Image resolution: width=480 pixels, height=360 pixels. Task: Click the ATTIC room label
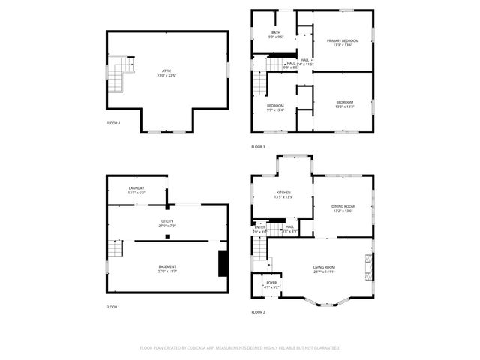coord(166,70)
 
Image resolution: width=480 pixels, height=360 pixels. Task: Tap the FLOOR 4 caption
coord(112,122)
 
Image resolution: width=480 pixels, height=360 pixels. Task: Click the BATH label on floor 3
coord(276,33)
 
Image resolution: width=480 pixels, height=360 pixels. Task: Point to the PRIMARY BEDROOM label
coord(343,40)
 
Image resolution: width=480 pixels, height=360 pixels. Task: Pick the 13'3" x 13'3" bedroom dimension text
coord(344,106)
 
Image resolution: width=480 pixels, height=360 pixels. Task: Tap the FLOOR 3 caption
coord(258,146)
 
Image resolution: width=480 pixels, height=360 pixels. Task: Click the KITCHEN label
coord(283,193)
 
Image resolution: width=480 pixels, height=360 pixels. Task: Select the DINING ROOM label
coord(343,206)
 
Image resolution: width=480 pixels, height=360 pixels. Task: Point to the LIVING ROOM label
coord(324,267)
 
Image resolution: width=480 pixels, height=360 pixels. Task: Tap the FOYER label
coord(271,283)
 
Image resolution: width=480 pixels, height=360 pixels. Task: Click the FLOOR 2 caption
coord(258,312)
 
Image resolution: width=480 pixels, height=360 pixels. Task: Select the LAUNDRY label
coord(136,188)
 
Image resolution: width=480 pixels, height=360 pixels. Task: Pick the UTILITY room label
coord(166,221)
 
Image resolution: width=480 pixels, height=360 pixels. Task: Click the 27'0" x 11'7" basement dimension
coord(166,271)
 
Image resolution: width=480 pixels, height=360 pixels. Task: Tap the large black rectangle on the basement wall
coord(223,264)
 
